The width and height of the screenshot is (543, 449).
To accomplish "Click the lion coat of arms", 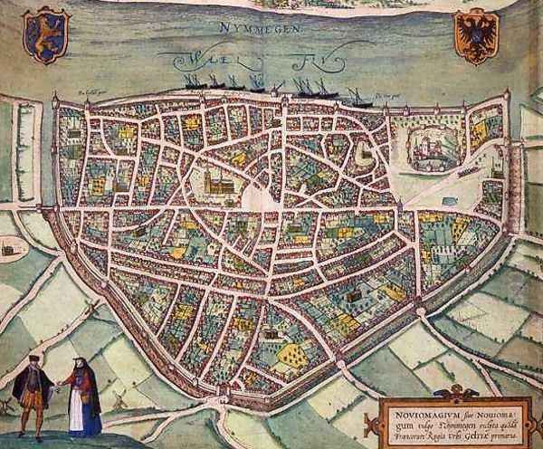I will click(x=45, y=35).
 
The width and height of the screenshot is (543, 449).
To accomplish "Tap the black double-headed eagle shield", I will click(x=476, y=36).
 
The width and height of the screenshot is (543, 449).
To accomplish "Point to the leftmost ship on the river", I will click(x=194, y=81).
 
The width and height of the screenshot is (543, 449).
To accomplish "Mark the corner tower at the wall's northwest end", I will click(x=56, y=97).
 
